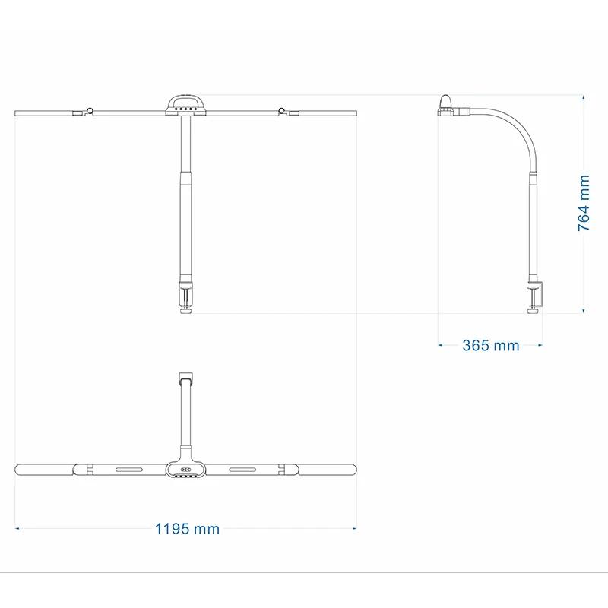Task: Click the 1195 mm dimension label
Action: coord(187,529)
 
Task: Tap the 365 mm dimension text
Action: coord(490,345)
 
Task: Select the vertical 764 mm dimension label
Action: coord(584,203)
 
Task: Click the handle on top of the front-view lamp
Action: coord(185,102)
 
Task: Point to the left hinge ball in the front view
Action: coord(90,110)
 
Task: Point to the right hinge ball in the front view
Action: coord(281,110)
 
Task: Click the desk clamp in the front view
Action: coord(185,296)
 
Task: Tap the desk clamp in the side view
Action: coord(536,298)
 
